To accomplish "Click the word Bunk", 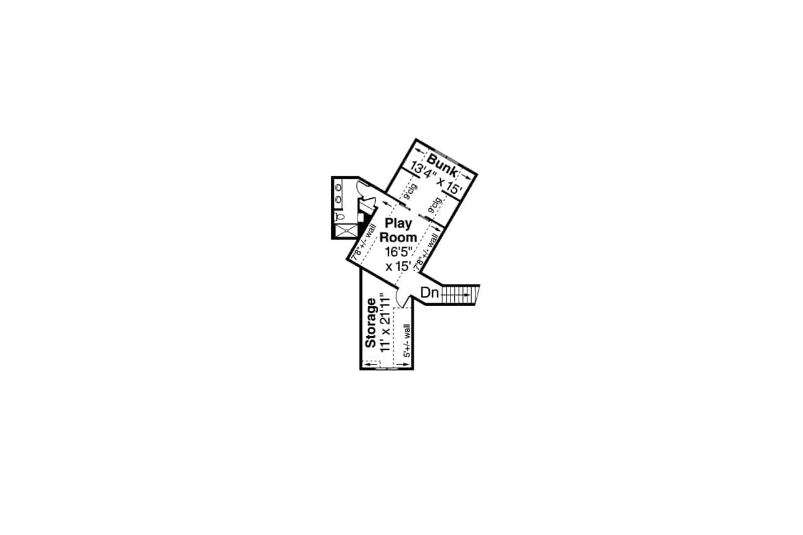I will [442, 161].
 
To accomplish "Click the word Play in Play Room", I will [398, 223].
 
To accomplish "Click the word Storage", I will [371, 323].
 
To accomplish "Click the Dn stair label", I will [429, 292].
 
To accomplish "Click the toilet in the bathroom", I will [339, 216].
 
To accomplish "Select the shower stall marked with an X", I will [345, 231].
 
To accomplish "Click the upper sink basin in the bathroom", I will [338, 187].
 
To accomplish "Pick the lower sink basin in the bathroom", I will [338, 200].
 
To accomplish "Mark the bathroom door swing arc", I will [363, 188].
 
